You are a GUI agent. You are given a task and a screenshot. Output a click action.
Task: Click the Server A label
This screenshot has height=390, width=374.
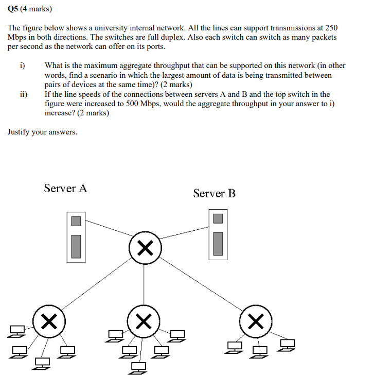65,188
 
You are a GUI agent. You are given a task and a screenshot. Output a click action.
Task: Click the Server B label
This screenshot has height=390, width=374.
214,193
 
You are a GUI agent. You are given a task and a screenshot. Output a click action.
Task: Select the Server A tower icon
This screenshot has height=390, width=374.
76,238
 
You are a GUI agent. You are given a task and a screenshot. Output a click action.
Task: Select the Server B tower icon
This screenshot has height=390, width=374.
218,234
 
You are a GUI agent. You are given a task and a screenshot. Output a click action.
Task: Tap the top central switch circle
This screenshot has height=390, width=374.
145,249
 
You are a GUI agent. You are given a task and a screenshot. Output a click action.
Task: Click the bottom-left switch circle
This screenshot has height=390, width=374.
48,322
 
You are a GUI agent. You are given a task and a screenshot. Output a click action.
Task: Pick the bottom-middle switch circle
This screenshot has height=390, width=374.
144,322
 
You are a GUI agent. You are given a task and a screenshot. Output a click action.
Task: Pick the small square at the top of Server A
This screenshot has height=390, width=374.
76,221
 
